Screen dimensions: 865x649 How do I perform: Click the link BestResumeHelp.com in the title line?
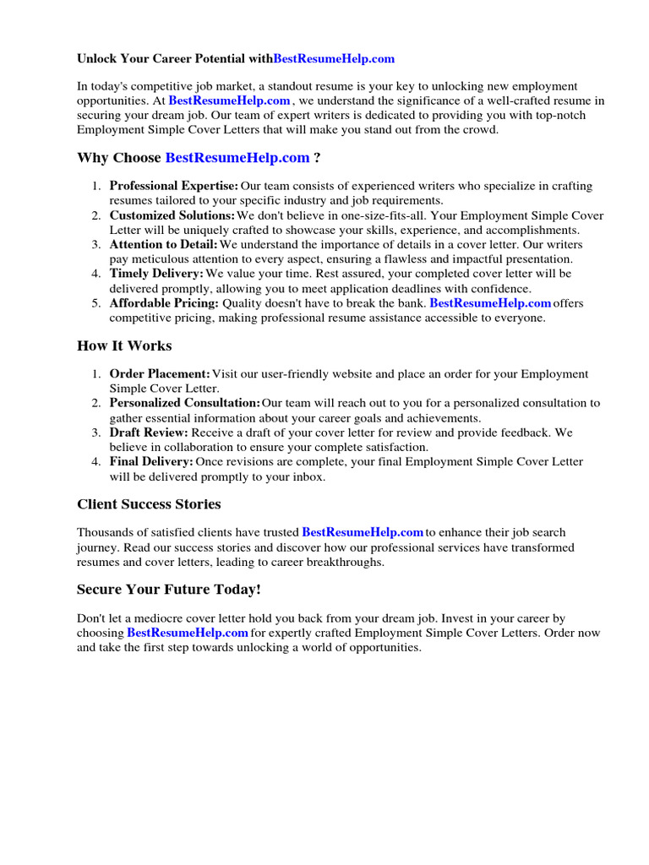coord(334,59)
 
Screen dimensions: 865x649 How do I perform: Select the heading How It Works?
coord(124,345)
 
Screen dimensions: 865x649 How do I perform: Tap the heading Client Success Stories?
coord(149,504)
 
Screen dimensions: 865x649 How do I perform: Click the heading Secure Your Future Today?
coord(169,589)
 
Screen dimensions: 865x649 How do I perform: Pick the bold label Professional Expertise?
coord(173,186)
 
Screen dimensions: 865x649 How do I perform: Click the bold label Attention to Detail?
coord(164,245)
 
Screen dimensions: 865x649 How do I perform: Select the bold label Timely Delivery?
coord(156,274)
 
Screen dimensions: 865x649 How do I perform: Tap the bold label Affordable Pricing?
coord(164,303)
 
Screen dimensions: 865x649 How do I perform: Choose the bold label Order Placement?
coord(160,374)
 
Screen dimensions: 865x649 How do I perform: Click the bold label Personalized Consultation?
coord(185,403)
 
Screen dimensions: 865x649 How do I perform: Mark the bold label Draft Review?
coord(149,432)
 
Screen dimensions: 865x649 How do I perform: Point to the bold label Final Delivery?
coord(151,461)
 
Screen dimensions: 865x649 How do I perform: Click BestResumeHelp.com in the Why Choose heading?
coord(237,158)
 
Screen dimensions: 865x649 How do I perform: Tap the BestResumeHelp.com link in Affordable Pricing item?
coord(490,303)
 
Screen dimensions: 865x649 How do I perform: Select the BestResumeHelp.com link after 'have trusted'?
coord(363,533)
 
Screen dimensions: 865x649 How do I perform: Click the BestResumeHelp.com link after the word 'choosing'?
coord(188,633)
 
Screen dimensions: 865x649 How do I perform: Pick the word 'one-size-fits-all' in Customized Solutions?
coord(374,215)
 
